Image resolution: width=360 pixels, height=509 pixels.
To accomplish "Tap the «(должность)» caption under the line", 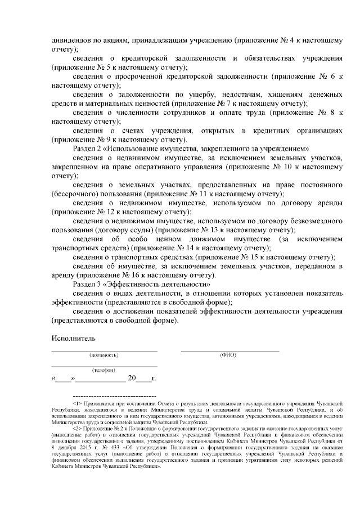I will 104,355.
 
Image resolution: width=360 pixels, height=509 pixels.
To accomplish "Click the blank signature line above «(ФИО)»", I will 229,350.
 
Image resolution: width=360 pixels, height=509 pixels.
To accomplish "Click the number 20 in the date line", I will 132,378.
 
